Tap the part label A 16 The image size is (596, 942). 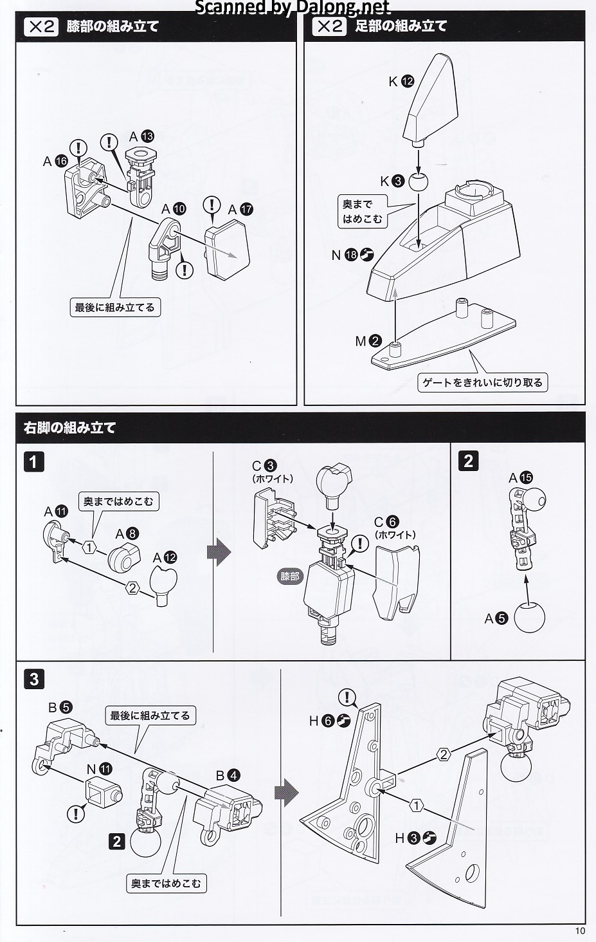55,162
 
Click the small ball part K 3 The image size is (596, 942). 418,181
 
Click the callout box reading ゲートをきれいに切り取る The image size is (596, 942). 482,383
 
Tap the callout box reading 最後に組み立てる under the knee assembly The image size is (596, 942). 114,308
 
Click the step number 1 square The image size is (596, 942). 34,461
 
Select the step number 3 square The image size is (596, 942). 34,679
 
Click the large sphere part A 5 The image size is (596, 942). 529,618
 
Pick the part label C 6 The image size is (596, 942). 386,522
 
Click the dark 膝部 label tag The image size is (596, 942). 290,577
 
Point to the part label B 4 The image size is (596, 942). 228,775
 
